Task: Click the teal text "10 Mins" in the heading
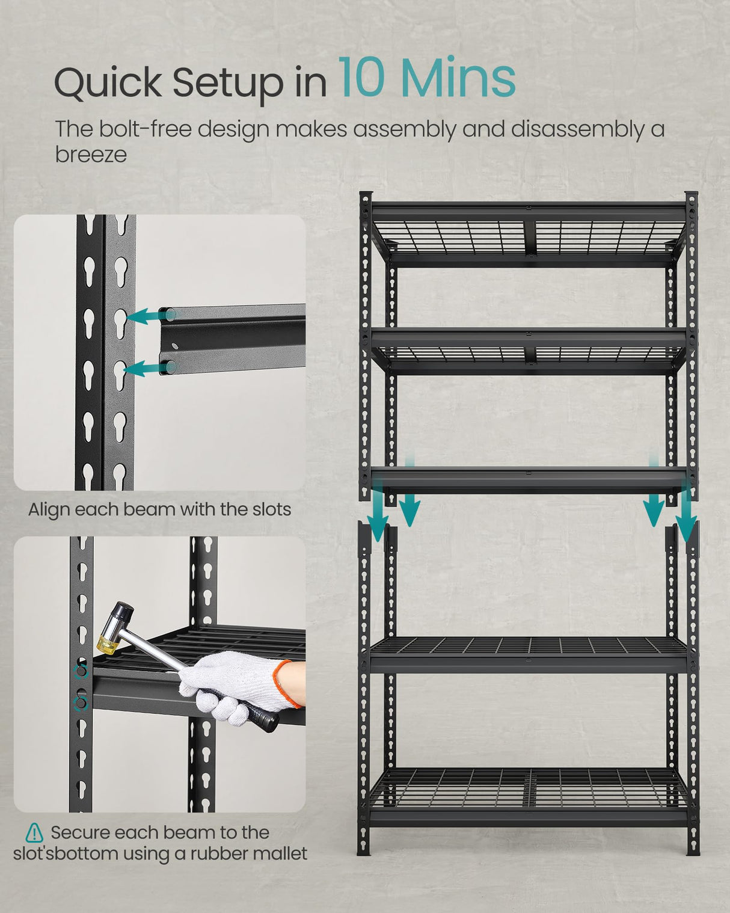click(x=426, y=78)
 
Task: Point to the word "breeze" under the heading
click(x=91, y=155)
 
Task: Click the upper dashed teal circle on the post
click(x=80, y=671)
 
